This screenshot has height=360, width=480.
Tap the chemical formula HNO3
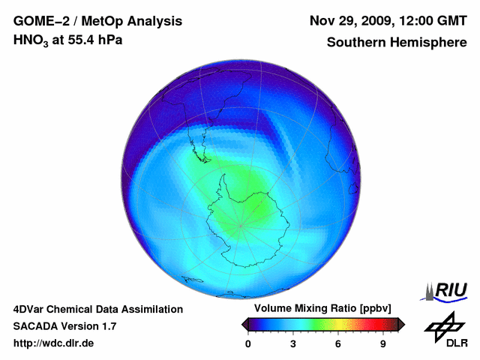[33, 40]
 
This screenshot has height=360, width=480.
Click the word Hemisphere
[432, 43]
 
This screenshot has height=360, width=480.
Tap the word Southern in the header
[355, 43]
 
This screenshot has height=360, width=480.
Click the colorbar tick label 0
[248, 343]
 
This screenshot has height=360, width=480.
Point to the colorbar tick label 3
[293, 343]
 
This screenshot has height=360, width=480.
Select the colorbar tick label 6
[338, 343]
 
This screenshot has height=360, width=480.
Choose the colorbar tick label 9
[382, 343]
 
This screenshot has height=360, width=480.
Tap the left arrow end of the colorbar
[244, 324]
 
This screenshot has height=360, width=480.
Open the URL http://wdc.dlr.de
[54, 343]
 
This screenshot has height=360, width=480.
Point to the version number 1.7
[107, 326]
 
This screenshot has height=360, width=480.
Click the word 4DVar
[31, 309]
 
